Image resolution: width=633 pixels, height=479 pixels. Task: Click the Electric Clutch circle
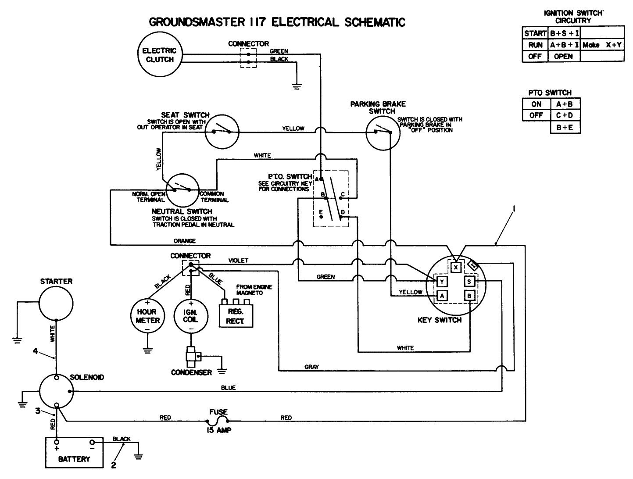pyautogui.click(x=159, y=55)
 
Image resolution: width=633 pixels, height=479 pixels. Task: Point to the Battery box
pyautogui.click(x=74, y=452)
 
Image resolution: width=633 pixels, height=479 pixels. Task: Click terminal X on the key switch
pyautogui.click(x=456, y=267)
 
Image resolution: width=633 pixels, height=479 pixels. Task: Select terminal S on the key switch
pyautogui.click(x=469, y=282)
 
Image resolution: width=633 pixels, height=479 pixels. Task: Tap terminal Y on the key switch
pyautogui.click(x=442, y=282)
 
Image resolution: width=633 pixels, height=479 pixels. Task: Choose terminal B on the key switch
pyautogui.click(x=469, y=296)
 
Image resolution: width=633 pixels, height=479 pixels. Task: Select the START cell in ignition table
pyautogui.click(x=535, y=33)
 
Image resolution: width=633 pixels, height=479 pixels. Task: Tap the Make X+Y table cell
pyautogui.click(x=602, y=45)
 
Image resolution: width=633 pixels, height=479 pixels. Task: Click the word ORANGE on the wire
pyautogui.click(x=185, y=241)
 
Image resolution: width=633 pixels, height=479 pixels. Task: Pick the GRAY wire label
pyautogui.click(x=311, y=367)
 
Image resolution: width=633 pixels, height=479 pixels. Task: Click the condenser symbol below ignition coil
pyautogui.click(x=191, y=357)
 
